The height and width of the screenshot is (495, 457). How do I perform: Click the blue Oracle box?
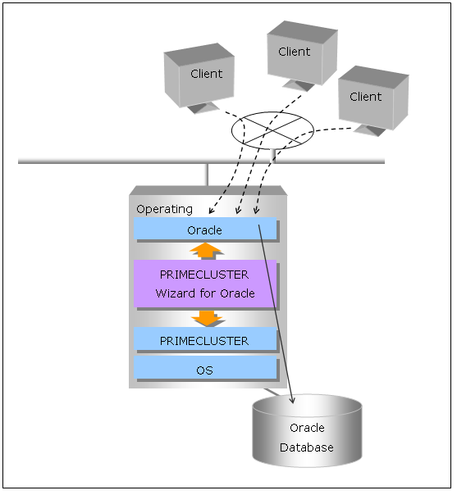pos(205,229)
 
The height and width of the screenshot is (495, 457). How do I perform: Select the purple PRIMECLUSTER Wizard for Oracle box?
pos(205,284)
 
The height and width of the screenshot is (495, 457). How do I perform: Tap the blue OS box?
pos(205,368)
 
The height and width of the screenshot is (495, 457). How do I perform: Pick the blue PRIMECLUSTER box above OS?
pos(205,338)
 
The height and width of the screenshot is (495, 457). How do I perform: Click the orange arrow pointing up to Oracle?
pos(205,252)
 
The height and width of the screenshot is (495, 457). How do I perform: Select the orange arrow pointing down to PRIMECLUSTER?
pos(207,318)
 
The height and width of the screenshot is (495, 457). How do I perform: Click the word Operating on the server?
pos(164,210)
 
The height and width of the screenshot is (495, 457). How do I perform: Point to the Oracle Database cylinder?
pos(307,431)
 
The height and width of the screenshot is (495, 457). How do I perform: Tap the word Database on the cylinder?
pos(307,447)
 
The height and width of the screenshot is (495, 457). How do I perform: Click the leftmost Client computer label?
pos(207,74)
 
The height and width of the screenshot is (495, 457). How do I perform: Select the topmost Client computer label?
pos(295,52)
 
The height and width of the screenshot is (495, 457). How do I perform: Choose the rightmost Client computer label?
pos(366,97)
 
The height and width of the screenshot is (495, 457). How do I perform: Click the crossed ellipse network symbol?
pos(272,130)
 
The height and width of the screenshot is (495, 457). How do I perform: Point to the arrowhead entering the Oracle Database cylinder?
pos(293,400)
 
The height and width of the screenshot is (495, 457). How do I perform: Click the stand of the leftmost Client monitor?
pos(203,108)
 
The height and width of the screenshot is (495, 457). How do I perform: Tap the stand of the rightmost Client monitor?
pos(370,130)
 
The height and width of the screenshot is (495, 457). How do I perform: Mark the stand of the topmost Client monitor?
pos(299,85)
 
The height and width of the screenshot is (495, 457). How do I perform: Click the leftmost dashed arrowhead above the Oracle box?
pos(212,211)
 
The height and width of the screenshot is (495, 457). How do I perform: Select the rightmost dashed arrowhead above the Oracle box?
pos(256,211)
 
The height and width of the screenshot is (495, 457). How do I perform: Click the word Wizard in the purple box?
pos(176,293)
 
